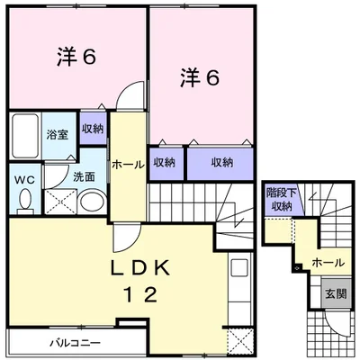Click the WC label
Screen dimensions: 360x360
(x=25, y=181)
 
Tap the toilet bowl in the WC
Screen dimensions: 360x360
(x=25, y=200)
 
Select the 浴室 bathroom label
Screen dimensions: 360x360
(x=57, y=135)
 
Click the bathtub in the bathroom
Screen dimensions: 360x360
(x=25, y=137)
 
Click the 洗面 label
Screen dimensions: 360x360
(x=84, y=177)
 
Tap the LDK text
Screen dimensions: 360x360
(x=141, y=267)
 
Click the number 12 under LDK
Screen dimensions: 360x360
(x=141, y=294)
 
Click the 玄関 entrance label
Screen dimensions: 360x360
(x=336, y=293)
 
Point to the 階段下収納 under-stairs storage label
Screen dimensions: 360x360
(x=282, y=199)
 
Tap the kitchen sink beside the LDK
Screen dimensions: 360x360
(x=238, y=268)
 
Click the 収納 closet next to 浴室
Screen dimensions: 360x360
(x=93, y=129)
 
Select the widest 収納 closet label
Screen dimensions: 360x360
(x=222, y=163)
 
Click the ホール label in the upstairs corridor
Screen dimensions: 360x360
(x=129, y=165)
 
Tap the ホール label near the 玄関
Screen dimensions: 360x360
(x=328, y=263)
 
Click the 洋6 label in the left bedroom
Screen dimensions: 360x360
(x=76, y=57)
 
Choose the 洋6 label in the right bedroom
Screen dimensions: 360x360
(x=200, y=77)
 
